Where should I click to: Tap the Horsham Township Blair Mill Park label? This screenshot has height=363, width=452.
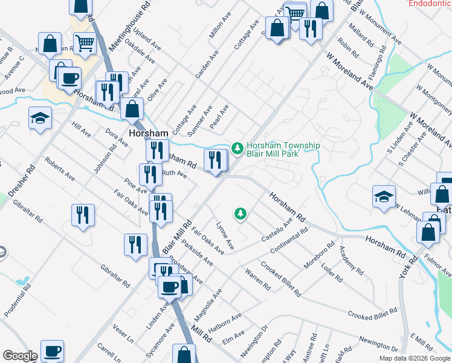coord(283,149)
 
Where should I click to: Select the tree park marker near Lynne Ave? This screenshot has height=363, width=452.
coord(241,213)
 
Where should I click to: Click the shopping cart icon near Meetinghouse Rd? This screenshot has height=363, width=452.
coord(85,44)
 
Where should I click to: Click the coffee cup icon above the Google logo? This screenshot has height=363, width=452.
coord(53,350)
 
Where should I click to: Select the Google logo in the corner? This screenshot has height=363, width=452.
coord(20,356)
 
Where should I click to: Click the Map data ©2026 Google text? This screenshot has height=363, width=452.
coord(414,358)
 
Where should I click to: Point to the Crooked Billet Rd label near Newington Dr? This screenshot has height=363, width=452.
coord(372,313)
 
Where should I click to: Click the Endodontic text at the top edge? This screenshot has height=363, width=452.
coord(430,4)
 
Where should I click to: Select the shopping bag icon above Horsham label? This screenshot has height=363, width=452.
coord(132,109)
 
